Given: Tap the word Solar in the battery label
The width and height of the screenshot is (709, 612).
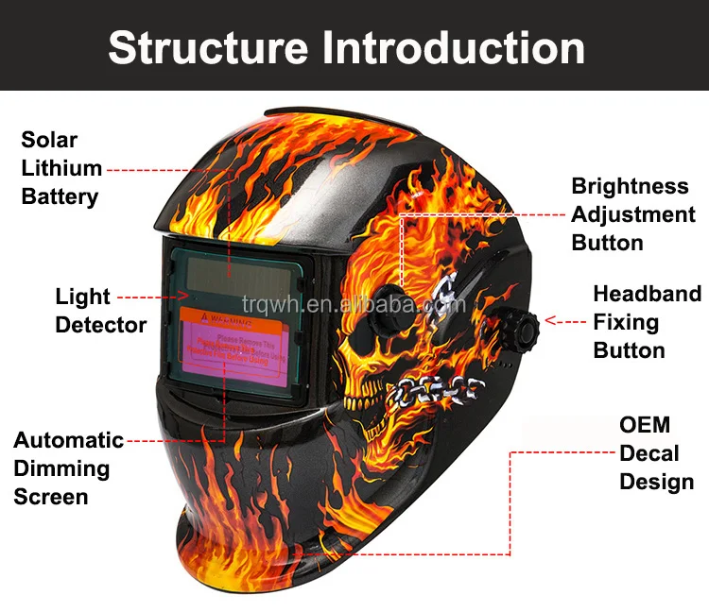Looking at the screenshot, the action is point(49,140).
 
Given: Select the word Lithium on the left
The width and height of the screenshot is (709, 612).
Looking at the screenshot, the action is point(61,168).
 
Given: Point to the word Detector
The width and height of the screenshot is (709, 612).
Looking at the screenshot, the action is point(101,325).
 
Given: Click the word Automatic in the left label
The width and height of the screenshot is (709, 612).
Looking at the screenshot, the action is point(68,440).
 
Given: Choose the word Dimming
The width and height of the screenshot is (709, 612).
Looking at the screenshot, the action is point(61,468).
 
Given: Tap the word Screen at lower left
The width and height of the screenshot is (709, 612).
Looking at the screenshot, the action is point(51,497).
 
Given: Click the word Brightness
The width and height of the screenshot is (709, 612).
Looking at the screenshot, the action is point(630,186).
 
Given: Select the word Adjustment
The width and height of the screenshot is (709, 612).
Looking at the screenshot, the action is point(633,214).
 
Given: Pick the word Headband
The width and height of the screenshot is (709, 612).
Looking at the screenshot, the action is point(648,294).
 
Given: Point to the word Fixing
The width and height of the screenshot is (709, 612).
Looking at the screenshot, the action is point(626,322).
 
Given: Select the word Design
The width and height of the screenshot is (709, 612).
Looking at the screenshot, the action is point(657,482).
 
